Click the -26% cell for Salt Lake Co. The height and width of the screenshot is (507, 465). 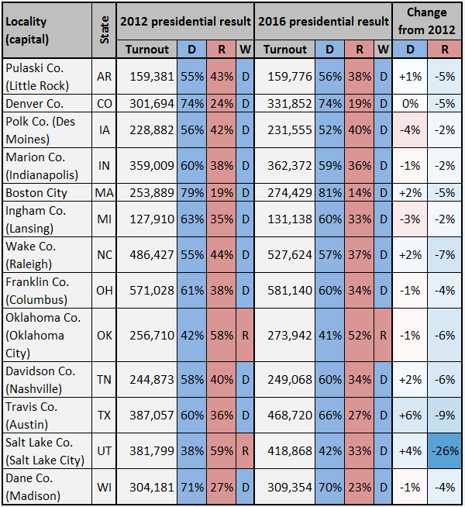(x=445, y=450)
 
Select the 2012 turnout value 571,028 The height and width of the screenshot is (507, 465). (x=152, y=291)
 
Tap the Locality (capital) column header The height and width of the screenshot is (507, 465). (x=27, y=30)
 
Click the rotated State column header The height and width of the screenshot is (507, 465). (x=104, y=30)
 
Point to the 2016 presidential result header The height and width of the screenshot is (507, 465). (x=323, y=22)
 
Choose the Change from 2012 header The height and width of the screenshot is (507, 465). (x=426, y=21)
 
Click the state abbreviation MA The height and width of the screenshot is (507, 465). (x=104, y=193)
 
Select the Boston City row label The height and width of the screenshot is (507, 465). (x=36, y=193)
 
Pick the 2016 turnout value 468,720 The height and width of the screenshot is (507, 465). (x=290, y=416)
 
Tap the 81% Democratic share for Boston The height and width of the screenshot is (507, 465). (x=330, y=193)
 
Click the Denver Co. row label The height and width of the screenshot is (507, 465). (x=34, y=103)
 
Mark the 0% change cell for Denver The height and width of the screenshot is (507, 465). (x=410, y=103)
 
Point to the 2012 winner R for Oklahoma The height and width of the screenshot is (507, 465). (x=245, y=336)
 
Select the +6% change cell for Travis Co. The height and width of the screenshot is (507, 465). (x=410, y=416)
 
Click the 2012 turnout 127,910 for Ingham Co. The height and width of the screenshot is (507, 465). (x=152, y=219)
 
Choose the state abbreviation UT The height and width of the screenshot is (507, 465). (x=104, y=450)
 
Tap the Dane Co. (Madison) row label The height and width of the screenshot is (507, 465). (x=33, y=487)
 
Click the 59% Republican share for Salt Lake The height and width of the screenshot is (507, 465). (x=222, y=450)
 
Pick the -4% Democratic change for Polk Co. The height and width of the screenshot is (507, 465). (x=410, y=130)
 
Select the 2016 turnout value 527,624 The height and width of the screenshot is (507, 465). (x=290, y=255)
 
